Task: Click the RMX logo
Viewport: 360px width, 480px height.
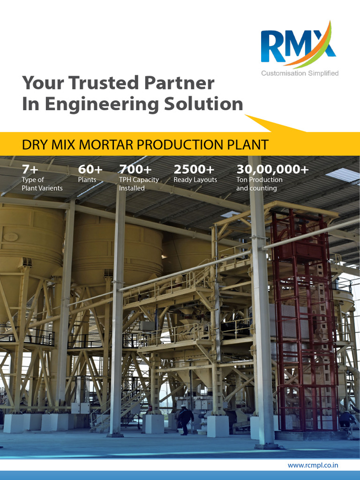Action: point(298,45)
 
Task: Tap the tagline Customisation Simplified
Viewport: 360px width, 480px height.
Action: point(300,73)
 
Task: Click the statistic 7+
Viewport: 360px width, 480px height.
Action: point(30,169)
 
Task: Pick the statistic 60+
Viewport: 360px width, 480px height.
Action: point(90,169)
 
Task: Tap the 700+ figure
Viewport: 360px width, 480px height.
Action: point(135,169)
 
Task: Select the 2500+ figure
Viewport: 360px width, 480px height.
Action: point(194,169)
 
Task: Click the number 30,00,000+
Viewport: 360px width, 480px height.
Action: point(272,169)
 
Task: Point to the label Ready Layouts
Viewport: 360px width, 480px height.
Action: point(195,180)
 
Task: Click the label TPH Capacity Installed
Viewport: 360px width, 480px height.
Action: point(139,184)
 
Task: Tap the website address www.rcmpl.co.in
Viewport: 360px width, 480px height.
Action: point(313,465)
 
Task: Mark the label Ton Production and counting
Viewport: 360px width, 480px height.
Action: point(259,184)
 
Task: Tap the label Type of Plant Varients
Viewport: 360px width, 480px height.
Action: point(42,184)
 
